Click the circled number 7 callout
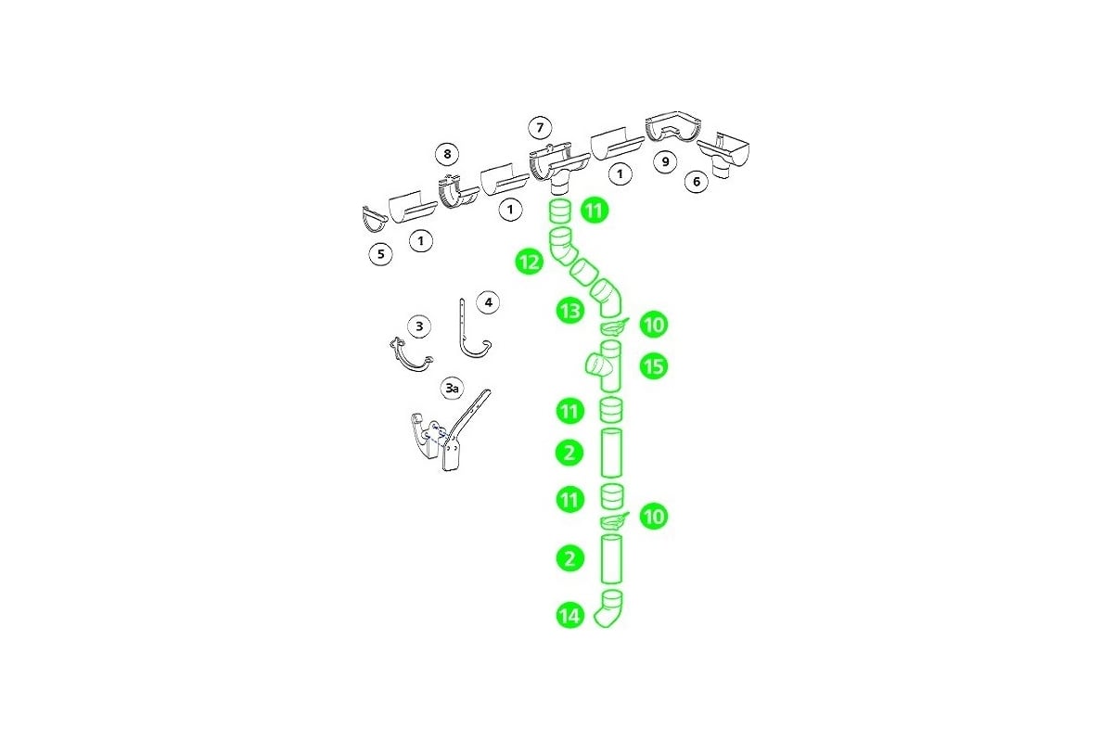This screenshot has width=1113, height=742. click(x=540, y=128)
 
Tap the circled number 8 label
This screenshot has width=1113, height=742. click(x=447, y=154)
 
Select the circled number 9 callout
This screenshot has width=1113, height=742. click(x=665, y=161)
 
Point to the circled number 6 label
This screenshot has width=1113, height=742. click(x=697, y=182)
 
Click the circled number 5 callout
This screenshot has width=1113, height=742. click(x=380, y=254)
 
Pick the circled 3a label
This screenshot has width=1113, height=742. click(x=452, y=388)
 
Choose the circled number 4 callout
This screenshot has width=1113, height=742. click(x=488, y=302)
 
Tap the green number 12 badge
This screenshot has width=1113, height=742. click(x=530, y=262)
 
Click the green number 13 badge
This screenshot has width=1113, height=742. click(x=569, y=312)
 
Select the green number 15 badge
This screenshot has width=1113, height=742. click(x=653, y=366)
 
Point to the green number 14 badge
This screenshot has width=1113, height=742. click(x=569, y=616)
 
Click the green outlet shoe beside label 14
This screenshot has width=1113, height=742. click(x=609, y=608)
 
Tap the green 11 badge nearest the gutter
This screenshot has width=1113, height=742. click(x=595, y=211)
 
